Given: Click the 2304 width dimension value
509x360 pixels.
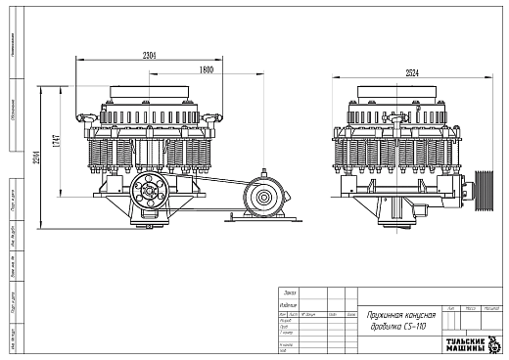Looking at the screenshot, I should (149, 55).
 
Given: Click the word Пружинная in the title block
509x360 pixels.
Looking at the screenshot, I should (388, 318).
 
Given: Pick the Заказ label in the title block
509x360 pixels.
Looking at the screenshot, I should (289, 292).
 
